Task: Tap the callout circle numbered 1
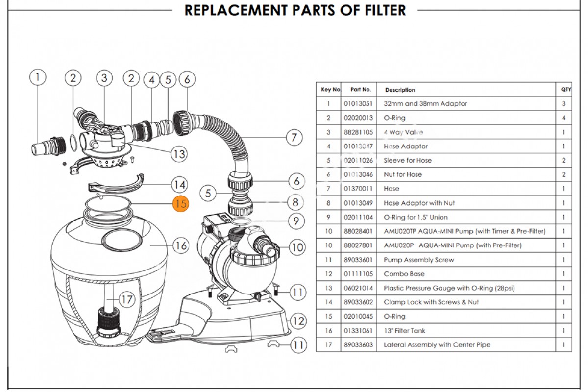pos(38,77)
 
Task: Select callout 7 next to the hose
pos(294,137)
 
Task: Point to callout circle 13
pos(179,154)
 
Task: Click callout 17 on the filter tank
pos(127,299)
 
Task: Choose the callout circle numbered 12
pos(298,321)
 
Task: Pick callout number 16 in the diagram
pos(181,245)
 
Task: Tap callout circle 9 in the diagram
pos(296,221)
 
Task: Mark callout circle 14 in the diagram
pos(179,185)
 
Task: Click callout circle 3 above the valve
pos(104,77)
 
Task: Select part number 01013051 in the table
pos(358,104)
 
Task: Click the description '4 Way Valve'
pos(403,132)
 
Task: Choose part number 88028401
pos(358,231)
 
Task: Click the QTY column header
pos(566,90)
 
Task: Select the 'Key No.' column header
pos(330,90)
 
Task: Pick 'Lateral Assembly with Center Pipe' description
pos(437,345)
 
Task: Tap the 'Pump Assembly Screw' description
pos(418,260)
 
